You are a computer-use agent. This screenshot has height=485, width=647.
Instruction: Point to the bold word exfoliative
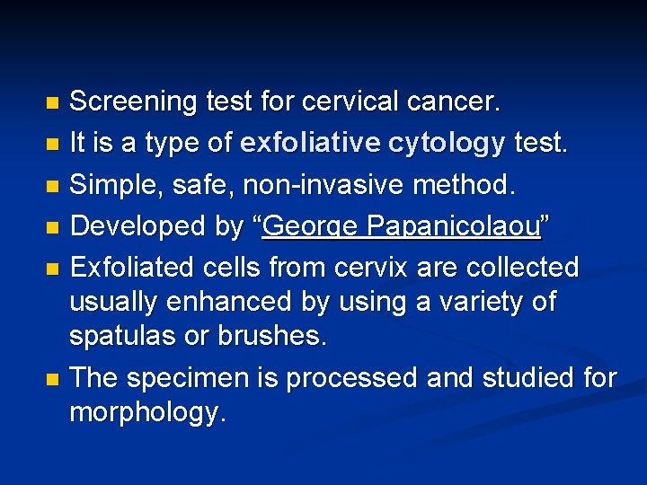coord(311,143)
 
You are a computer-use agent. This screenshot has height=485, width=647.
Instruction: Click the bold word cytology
coord(448,143)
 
